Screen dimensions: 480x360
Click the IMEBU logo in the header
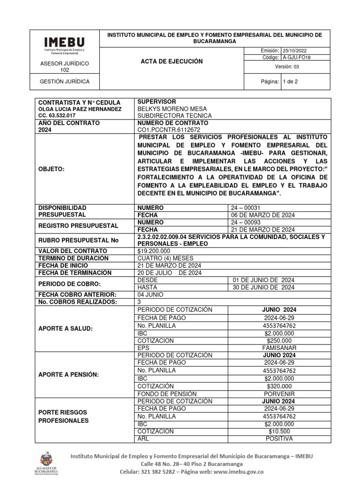click(65, 45)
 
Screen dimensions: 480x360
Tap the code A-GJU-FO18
click(297, 57)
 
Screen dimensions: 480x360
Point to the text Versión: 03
click(287, 67)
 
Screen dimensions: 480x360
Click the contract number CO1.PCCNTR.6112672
click(169, 130)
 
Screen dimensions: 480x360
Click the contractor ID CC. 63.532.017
click(56, 115)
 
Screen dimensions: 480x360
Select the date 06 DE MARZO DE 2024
click(263, 215)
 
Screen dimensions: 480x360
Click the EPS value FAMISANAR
click(279, 348)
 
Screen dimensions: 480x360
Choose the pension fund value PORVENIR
click(279, 394)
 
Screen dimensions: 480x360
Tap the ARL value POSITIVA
click(279, 439)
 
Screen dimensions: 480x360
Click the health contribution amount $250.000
click(279, 341)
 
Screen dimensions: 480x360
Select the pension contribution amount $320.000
click(279, 386)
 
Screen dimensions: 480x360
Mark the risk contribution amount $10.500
click(279, 431)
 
